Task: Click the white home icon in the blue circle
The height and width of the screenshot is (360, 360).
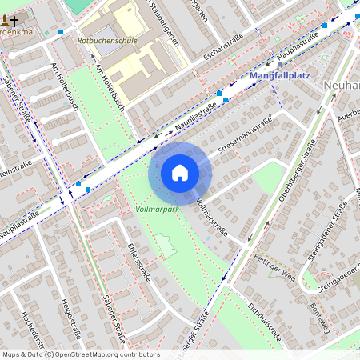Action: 180,173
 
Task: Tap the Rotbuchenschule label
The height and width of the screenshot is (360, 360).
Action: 106,40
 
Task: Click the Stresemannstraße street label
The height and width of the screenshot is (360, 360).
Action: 245,134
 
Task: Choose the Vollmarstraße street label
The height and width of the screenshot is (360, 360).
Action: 211,215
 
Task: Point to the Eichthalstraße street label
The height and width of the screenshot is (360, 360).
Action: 265,317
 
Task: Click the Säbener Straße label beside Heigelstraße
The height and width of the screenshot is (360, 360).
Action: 112,316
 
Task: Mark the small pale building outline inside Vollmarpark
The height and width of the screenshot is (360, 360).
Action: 166,245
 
